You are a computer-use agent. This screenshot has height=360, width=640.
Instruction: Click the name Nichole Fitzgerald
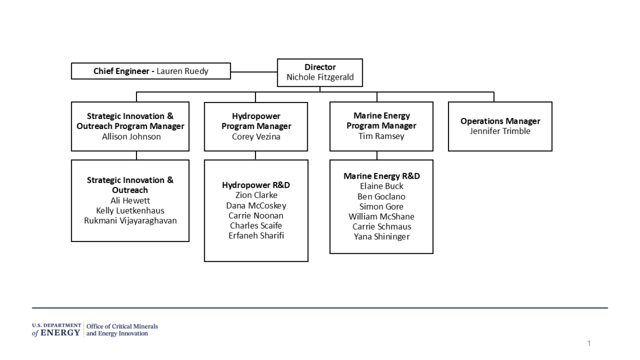(320, 77)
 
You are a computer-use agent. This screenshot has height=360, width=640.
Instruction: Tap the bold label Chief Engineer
(122, 72)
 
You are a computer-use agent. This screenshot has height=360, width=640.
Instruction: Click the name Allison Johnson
(131, 137)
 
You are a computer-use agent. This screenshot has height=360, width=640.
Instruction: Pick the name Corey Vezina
(256, 137)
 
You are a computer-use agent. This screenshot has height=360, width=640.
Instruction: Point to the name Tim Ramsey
(381, 136)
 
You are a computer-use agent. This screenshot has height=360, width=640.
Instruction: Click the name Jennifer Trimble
(500, 131)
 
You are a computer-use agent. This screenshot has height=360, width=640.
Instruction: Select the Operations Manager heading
(500, 121)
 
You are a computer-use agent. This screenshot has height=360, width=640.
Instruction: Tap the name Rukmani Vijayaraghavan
(130, 221)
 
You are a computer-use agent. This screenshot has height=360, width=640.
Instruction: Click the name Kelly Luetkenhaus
(130, 211)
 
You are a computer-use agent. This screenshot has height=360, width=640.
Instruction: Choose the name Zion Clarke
(256, 195)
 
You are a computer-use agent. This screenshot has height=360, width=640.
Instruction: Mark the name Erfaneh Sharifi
(256, 236)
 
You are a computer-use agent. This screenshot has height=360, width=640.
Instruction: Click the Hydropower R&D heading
(256, 185)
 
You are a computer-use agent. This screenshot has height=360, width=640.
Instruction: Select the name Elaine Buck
(381, 186)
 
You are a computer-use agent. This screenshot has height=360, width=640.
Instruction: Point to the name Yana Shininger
(381, 237)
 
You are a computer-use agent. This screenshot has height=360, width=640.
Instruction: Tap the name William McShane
(381, 216)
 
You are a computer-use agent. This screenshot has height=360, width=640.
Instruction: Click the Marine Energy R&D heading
(381, 176)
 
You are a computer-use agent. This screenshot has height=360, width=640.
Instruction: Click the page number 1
(589, 343)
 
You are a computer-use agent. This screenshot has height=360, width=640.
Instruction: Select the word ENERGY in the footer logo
(61, 333)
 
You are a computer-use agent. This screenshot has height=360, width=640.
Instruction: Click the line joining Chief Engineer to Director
(254, 73)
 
